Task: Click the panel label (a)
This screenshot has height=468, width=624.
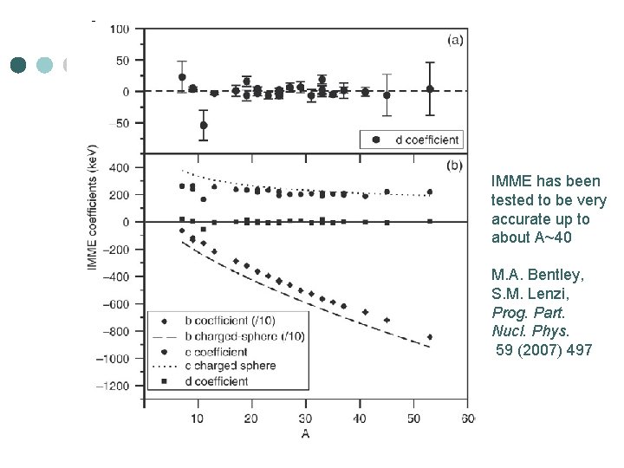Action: pyautogui.click(x=454, y=39)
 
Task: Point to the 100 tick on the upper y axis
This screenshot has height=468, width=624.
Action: pyautogui.click(x=119, y=29)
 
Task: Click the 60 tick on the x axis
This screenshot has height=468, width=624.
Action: pyautogui.click(x=468, y=419)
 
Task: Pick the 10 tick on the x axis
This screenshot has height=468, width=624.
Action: pyautogui.click(x=198, y=419)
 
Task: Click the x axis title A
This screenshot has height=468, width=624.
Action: pyautogui.click(x=305, y=431)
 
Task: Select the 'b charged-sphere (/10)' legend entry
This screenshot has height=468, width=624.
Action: pyautogui.click(x=231, y=336)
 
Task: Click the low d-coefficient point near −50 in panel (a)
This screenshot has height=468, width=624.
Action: pyautogui.click(x=204, y=126)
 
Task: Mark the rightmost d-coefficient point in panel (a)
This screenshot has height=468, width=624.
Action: pyautogui.click(x=430, y=88)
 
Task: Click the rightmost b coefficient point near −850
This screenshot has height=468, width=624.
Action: pyautogui.click(x=430, y=337)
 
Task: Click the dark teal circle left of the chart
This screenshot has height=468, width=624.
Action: pyautogui.click(x=19, y=65)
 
